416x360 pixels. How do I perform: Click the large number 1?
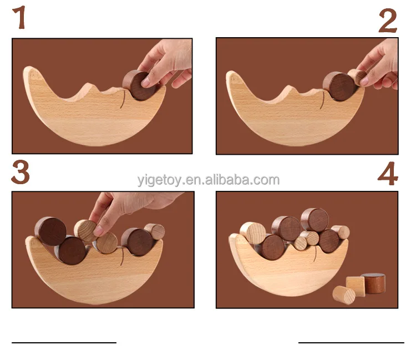click(x=19, y=17)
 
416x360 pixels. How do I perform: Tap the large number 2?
click(x=388, y=21)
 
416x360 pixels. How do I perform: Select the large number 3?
click(x=20, y=172)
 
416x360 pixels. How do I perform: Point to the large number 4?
click(x=388, y=174)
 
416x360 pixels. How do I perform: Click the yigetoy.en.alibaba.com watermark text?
click(x=208, y=180)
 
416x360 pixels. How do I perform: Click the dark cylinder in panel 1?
click(x=139, y=85)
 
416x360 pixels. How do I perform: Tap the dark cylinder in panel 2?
click(x=339, y=86)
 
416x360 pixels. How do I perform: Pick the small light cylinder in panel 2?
click(x=357, y=77)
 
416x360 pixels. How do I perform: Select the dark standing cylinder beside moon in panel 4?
click(x=373, y=283)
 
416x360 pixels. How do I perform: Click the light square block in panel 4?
click(x=356, y=286)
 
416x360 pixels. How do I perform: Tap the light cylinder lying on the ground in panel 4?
click(x=344, y=295)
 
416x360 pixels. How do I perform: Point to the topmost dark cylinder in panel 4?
click(x=314, y=220)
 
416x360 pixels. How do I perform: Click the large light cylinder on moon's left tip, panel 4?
click(x=252, y=232)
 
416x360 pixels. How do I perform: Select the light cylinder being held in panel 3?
click(x=85, y=231)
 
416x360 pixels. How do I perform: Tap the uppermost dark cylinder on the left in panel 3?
click(x=50, y=231)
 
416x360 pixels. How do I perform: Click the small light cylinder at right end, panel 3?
click(x=155, y=232)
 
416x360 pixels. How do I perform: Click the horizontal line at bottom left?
click(x=64, y=343)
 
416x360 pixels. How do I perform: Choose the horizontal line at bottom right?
click(x=351, y=343)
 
